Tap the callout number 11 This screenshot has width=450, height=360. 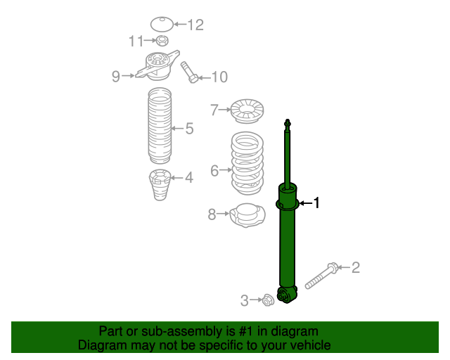click(x=136, y=41)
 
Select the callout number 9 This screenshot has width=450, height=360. click(x=116, y=76)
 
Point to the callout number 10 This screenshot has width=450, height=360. click(x=219, y=77)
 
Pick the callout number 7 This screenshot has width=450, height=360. click(x=215, y=110)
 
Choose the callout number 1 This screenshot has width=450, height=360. click(x=316, y=203)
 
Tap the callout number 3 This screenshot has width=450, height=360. click(x=244, y=301)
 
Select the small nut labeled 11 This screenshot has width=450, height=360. click(x=161, y=41)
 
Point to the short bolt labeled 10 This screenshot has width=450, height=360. click(x=191, y=72)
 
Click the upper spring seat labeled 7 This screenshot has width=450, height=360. click(x=247, y=110)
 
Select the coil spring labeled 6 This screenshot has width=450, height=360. click(x=247, y=163)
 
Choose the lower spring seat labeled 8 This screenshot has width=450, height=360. click(x=247, y=214)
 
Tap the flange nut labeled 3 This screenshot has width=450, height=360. click(x=267, y=300)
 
